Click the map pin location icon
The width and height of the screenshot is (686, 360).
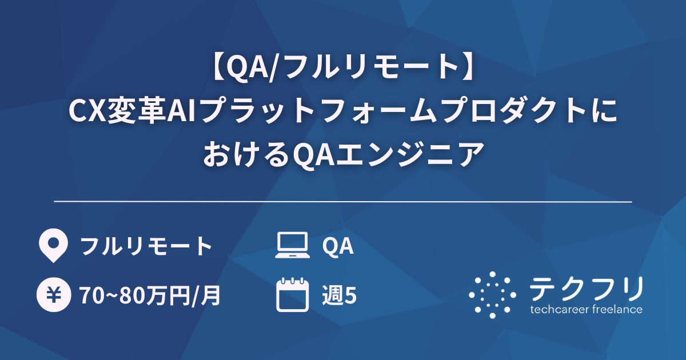[52, 246]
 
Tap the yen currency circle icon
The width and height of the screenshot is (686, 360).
[52, 295]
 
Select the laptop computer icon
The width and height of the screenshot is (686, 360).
[292, 246]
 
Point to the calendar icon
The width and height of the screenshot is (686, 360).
[292, 295]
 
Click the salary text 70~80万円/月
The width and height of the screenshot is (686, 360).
[150, 295]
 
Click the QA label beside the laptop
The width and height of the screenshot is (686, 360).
[338, 246]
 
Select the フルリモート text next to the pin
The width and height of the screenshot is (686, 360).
[146, 246]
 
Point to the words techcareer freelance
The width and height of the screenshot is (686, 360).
[586, 310]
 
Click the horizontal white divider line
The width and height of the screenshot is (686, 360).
[343, 202]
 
